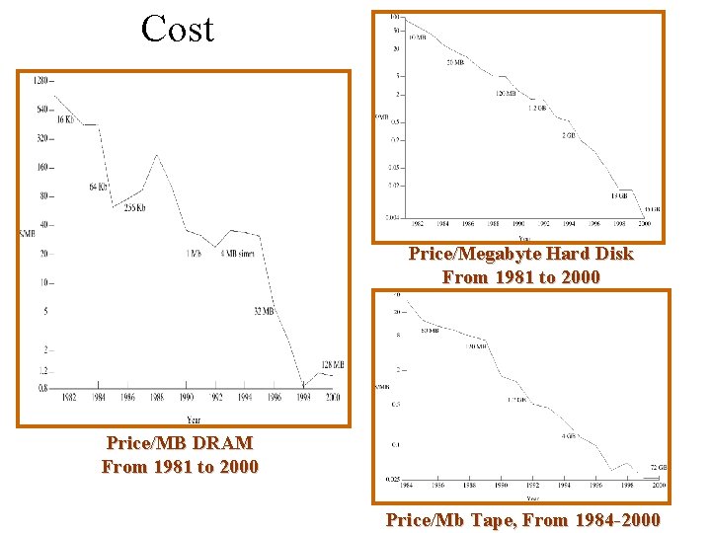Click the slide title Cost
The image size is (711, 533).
(178, 28)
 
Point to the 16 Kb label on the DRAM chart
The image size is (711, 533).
(66, 119)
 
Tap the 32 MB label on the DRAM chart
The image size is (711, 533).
(263, 312)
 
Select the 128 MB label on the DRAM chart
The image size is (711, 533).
(332, 365)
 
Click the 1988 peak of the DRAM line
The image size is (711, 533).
(158, 155)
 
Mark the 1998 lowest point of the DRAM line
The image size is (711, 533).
(303, 386)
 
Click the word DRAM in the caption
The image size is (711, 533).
(224, 444)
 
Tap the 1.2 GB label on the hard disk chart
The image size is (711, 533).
(536, 108)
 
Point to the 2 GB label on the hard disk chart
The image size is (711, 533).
(569, 134)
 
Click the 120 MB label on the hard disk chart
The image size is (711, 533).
(506, 94)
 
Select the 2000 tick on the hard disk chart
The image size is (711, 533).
(645, 223)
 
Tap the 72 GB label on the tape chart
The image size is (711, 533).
(659, 467)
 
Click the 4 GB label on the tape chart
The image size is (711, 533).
(570, 435)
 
